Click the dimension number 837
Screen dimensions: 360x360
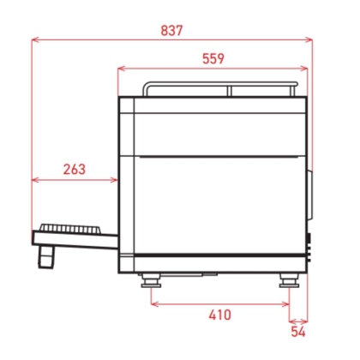[x=171, y=29]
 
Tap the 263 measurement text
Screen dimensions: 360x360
[x=75, y=169]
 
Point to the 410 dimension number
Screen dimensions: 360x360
[x=220, y=315]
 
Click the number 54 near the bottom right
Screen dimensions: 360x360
[x=297, y=330]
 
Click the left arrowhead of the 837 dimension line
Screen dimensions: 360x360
[x=35, y=39]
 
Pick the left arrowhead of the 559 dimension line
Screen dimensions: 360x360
[x=121, y=69]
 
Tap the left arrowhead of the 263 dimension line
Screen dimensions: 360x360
[x=35, y=180]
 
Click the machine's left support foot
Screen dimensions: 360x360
[x=151, y=279]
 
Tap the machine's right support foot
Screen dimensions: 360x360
[x=289, y=279]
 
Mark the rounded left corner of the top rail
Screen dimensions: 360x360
[x=146, y=87]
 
